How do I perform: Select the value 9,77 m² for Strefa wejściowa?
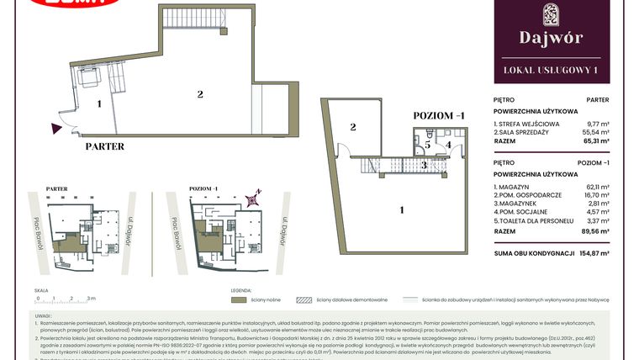coord(596,124)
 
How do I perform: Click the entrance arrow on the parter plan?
coord(56,128)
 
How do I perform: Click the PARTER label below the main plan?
coord(105,146)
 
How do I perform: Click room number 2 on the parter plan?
coord(200,93)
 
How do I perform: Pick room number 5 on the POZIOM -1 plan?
coord(427,145)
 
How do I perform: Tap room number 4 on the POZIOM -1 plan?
coord(449,145)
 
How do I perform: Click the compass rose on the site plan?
coord(251,199)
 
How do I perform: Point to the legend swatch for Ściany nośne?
coord(238,299)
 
